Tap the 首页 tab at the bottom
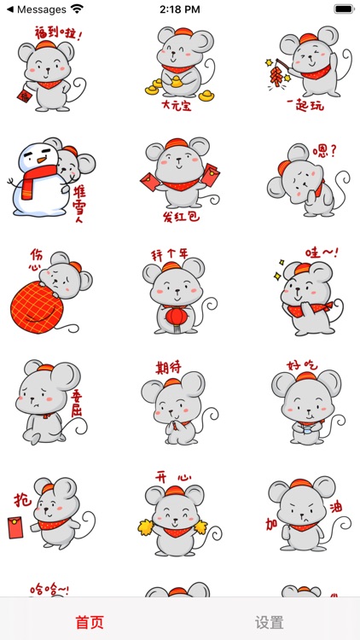coord(90,622)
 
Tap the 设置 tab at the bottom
coord(270,622)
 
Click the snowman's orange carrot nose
coord(42,160)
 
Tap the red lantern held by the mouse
coord(176,317)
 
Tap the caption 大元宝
coord(177,106)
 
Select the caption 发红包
coord(181,216)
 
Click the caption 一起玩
coord(305,106)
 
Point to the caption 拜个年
coord(170,255)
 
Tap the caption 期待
coord(168,368)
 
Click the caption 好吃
coord(301,364)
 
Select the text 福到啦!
coord(59,32)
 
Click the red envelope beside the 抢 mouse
coord(15,527)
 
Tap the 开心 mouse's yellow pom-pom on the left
coord(145,527)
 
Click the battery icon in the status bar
coord(344,9)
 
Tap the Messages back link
coord(36,9)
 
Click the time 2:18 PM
coord(180,9)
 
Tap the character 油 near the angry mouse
coord(335,509)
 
